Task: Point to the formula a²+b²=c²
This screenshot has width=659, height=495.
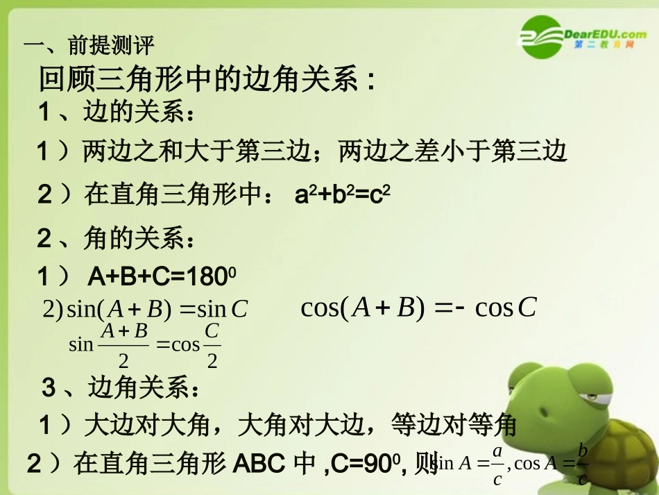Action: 343,195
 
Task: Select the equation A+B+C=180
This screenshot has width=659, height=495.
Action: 162,278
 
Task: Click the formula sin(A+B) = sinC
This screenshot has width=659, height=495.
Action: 146,310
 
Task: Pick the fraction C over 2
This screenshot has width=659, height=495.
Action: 212,345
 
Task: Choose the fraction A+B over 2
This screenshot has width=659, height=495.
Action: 124,345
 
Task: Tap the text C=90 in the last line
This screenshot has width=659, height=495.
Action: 367,463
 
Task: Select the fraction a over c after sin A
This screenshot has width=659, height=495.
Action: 497,465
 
